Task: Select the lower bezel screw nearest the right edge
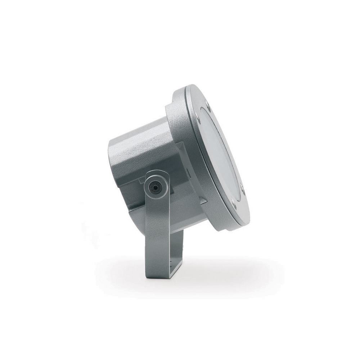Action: pyautogui.click(x=242, y=188)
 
